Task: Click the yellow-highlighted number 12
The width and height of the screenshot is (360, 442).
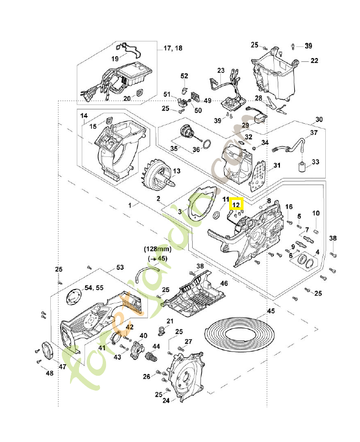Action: (236, 204)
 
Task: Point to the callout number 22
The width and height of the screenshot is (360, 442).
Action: (314, 61)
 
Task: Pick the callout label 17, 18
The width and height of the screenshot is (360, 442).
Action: (173, 49)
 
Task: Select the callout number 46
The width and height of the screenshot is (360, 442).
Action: (224, 283)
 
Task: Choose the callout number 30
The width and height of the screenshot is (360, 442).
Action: (319, 120)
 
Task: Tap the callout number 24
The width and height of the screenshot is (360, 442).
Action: (165, 401)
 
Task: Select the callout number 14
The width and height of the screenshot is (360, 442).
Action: (84, 116)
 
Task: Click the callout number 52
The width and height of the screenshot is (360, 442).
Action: (184, 76)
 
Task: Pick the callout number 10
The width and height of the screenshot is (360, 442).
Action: (316, 213)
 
